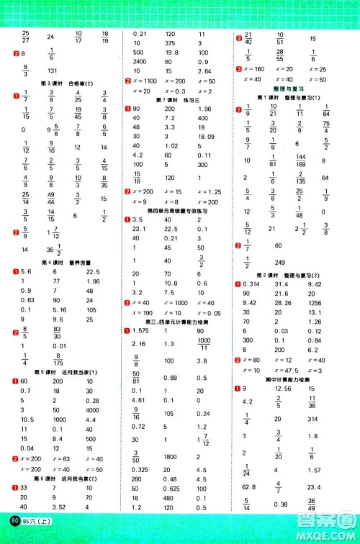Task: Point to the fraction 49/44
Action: click(x=50, y=198)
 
